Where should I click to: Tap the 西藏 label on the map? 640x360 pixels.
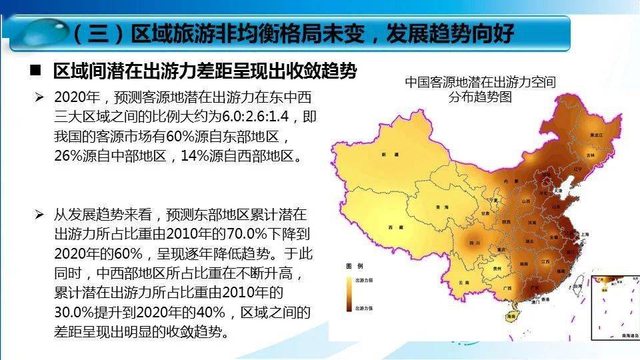pos(395,228)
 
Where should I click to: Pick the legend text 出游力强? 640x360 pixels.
pos(363,309)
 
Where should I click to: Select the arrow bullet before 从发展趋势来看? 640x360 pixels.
pos(40,215)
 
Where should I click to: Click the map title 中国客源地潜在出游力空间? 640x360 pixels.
pos(480,82)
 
